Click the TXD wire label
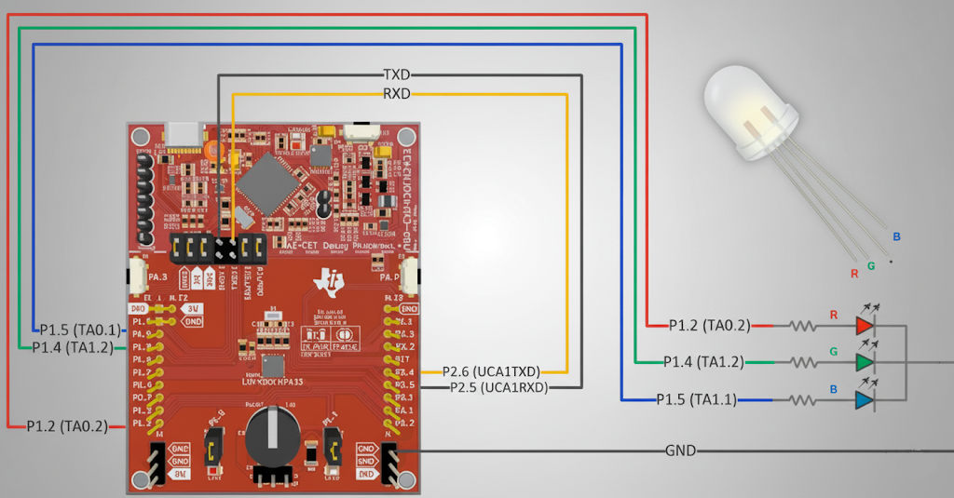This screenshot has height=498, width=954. point(397,74)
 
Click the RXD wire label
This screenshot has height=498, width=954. point(397,93)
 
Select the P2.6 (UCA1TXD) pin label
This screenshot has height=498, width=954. point(491,371)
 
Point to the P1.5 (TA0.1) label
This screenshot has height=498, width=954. point(80,330)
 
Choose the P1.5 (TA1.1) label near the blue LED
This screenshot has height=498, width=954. point(696,400)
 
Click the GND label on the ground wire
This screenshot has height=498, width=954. point(680,451)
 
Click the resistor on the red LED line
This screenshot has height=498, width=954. point(802,326)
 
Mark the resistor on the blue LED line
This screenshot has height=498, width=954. point(802,400)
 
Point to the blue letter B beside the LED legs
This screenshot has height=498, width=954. point(896,237)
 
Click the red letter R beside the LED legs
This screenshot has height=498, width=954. point(853,274)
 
